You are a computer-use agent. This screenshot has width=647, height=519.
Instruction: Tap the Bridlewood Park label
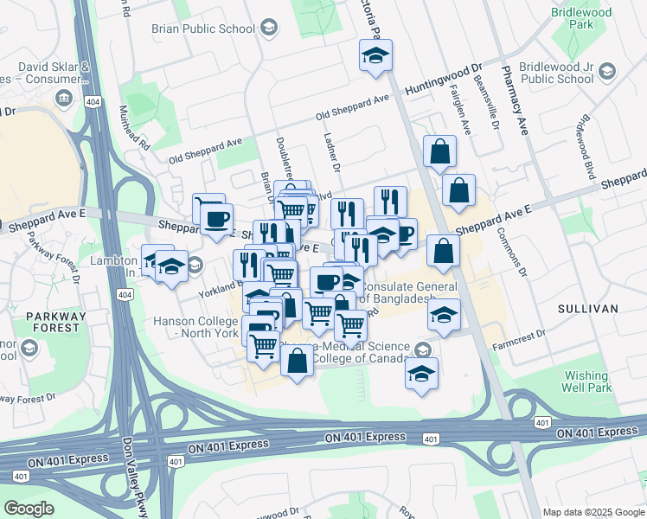point(580,20)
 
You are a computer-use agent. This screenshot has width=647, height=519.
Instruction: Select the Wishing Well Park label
point(587,381)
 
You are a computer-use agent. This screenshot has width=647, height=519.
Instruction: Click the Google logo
point(29,509)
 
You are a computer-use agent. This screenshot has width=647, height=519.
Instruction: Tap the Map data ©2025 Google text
point(593,512)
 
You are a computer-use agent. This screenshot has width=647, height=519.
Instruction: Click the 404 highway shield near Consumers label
point(92,102)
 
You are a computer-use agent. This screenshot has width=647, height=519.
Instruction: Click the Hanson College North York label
point(195,327)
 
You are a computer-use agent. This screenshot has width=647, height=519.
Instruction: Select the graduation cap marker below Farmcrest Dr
point(421,374)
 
